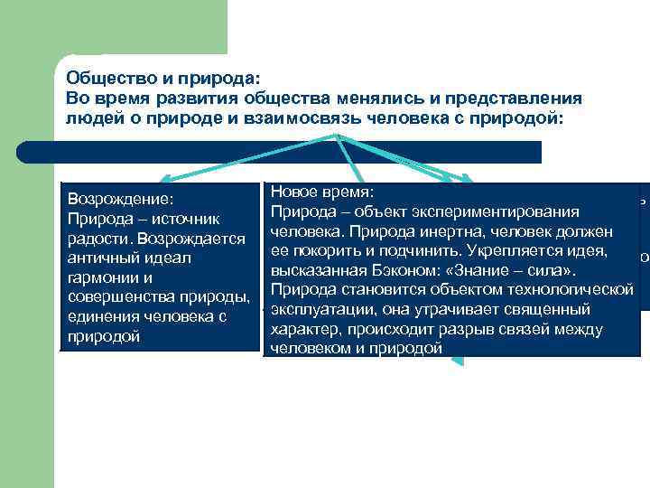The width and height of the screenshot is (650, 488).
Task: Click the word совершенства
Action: click(119, 297)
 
